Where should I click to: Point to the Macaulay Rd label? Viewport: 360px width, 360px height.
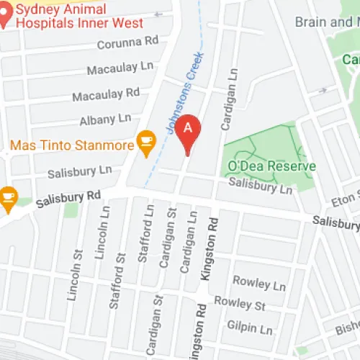click(106, 94)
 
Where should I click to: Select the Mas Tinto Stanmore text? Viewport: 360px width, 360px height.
click(72, 145)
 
